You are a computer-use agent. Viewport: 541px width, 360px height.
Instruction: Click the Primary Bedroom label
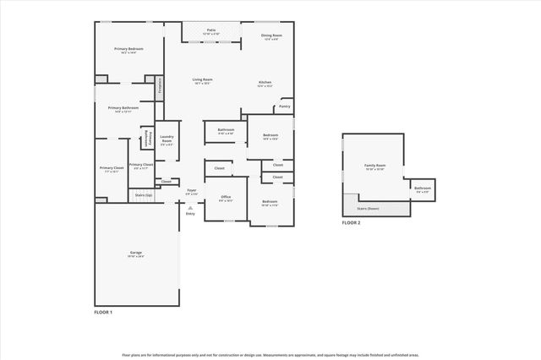click(x=129, y=49)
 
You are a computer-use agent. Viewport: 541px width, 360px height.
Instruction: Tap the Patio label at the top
click(x=210, y=30)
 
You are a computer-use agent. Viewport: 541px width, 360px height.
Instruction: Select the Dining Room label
click(x=272, y=35)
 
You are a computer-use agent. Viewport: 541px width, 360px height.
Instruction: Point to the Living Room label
click(x=201, y=80)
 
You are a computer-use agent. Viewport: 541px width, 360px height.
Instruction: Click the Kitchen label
click(x=265, y=82)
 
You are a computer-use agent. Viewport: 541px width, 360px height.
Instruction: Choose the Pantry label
click(x=285, y=106)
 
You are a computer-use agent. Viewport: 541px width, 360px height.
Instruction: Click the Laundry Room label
click(x=167, y=139)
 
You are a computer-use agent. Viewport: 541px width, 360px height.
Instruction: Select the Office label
click(x=226, y=197)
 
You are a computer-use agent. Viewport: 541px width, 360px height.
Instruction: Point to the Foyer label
click(x=191, y=191)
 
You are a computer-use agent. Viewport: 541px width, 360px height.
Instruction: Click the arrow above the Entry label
click(x=190, y=206)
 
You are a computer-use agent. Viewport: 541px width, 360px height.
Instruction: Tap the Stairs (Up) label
click(x=144, y=194)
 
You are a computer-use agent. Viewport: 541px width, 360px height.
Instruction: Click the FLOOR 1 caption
click(x=103, y=312)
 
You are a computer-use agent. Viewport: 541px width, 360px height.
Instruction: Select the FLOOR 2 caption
click(x=351, y=222)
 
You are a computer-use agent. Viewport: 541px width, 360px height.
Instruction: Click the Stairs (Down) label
click(x=368, y=207)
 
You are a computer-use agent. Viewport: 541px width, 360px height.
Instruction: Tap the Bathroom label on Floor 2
click(x=423, y=188)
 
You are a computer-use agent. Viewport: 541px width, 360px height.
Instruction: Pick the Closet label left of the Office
click(x=166, y=181)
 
